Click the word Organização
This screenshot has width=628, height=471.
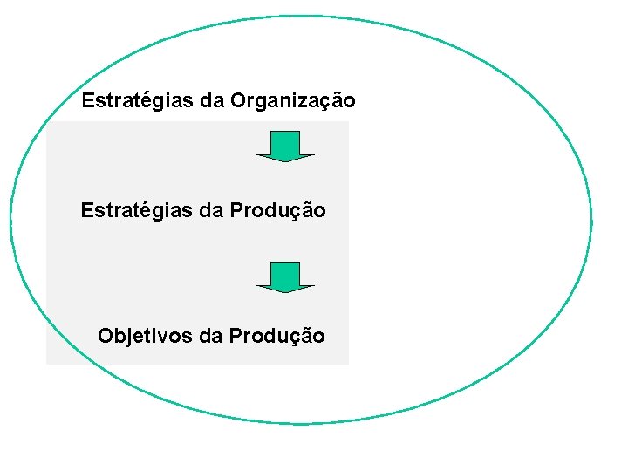[x=293, y=102]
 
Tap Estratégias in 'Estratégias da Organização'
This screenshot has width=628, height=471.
[x=138, y=101]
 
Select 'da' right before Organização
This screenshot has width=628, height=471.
[x=212, y=101]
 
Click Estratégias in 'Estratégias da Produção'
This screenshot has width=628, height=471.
[x=137, y=211]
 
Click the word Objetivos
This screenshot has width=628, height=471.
[x=146, y=336]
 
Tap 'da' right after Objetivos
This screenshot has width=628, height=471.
[x=211, y=336]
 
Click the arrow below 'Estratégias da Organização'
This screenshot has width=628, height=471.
[x=285, y=146]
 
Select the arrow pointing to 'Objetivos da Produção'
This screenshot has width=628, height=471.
[x=285, y=276]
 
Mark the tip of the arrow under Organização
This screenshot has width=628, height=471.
[x=285, y=160]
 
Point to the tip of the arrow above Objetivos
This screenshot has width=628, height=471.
[x=285, y=291]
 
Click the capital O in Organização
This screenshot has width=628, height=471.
[x=239, y=101]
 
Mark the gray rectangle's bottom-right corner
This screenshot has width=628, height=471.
[x=348, y=364]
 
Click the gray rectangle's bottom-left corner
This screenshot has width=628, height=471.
[x=46, y=364]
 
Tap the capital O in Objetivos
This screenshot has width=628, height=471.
[x=106, y=336]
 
